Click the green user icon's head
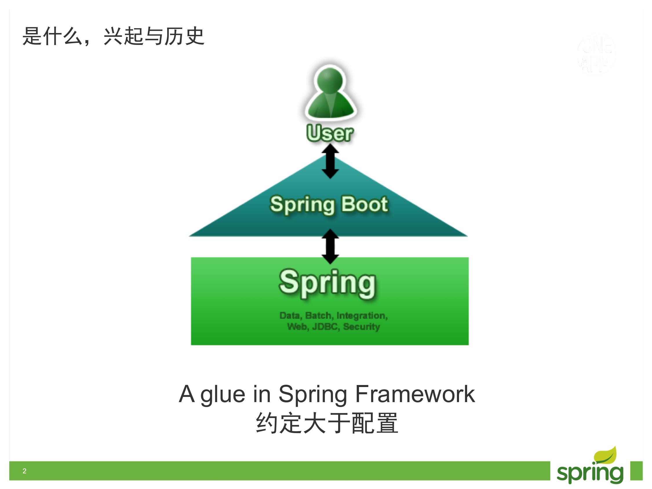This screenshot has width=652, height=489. coord(330,80)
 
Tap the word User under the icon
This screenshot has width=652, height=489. coord(329,133)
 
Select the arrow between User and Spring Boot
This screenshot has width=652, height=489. coord(330,161)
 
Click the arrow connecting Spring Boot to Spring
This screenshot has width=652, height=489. coord(330,247)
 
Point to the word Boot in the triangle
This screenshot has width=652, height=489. coord(365,204)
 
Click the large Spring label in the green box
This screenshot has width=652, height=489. coord(327,282)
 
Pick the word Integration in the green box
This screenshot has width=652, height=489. coord(362,316)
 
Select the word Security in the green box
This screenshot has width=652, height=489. coord(361,326)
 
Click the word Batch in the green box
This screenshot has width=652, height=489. coord(318,316)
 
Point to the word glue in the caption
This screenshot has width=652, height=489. coord(223,394)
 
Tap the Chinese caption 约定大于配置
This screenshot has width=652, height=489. coord(327,423)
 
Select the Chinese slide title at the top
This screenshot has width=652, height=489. coord(114,36)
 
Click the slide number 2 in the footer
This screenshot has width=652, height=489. coord(24,471)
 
